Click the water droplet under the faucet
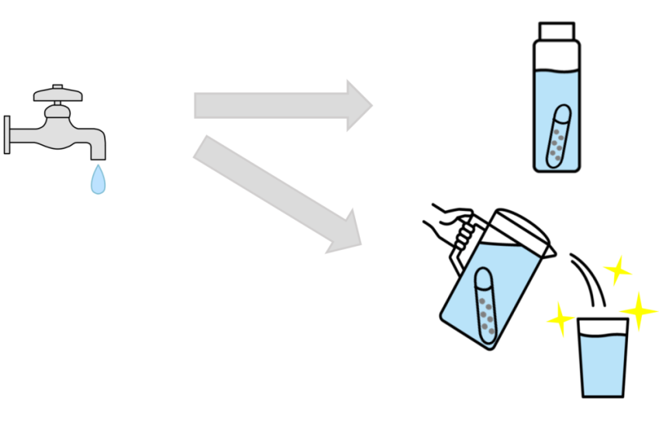click(98, 180)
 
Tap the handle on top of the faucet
click(57, 96)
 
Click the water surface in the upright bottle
click(556, 72)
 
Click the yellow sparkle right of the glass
click(640, 310)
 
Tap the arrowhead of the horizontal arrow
click(358, 105)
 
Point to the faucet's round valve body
click(59, 123)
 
